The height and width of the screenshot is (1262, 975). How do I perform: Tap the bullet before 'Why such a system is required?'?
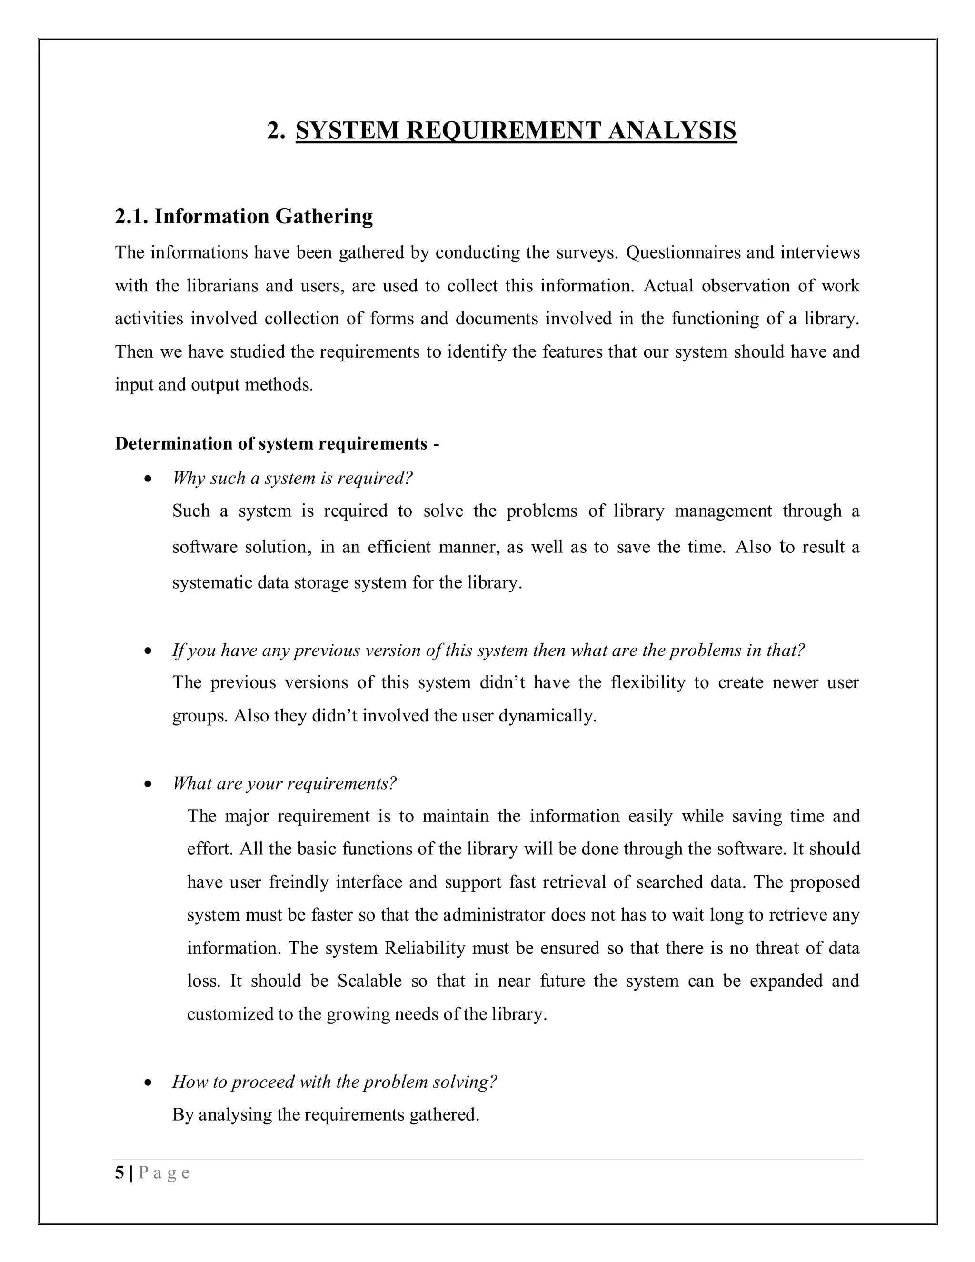coord(149,479)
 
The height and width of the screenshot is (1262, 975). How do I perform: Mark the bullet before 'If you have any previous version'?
coord(149,651)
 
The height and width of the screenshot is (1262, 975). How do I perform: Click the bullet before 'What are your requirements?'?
coord(149,784)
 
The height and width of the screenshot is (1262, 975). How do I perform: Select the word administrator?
coord(493,915)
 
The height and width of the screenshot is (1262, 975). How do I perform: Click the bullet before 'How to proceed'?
coord(149,1082)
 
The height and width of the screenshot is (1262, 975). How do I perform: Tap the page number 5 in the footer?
coord(119,1173)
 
